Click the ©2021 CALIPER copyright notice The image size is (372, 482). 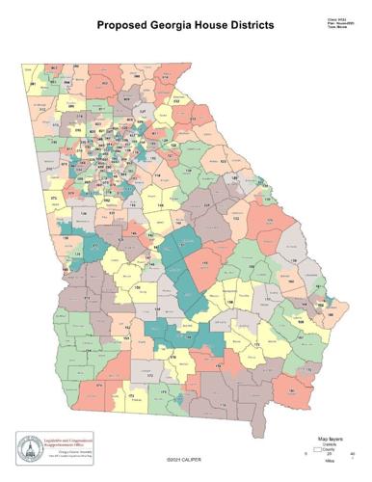pos(184,461)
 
